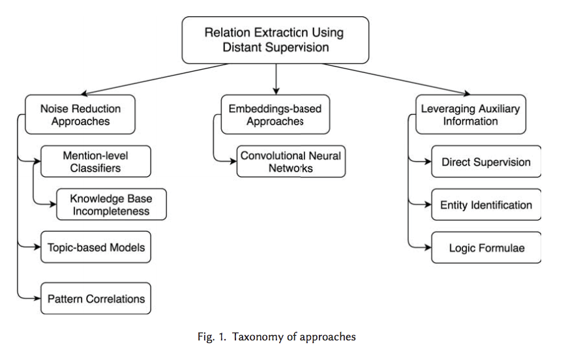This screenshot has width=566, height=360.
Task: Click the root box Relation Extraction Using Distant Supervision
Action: (275, 39)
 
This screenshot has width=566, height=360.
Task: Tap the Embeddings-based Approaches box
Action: (276, 115)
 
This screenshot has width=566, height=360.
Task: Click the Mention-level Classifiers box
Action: (96, 162)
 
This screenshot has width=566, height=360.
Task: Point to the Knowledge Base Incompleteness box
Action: (111, 204)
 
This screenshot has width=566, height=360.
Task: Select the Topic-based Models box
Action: (96, 247)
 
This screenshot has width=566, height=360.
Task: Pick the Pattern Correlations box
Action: (96, 299)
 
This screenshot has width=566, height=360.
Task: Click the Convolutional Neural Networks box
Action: (290, 162)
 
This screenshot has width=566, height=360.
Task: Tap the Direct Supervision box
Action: (486, 162)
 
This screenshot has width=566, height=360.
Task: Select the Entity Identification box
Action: (486, 205)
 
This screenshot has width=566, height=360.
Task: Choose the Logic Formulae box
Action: (486, 248)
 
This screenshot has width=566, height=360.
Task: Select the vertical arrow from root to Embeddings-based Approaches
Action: (276, 78)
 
